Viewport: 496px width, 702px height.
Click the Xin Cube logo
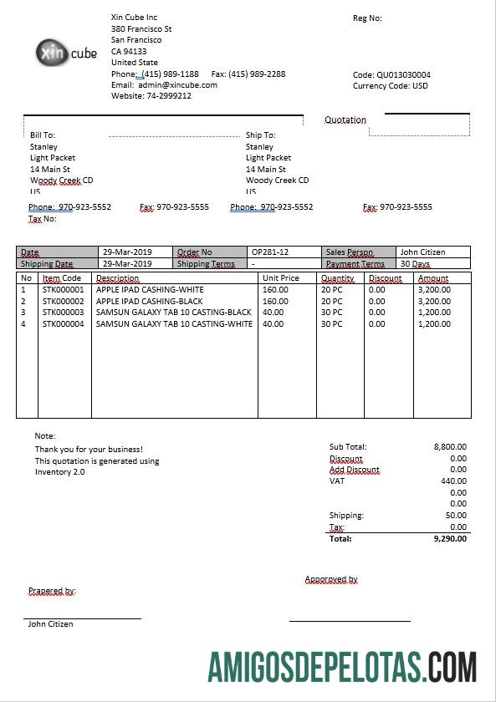(67, 53)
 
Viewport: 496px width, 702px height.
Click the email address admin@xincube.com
(177, 84)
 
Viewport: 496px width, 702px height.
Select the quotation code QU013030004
(403, 74)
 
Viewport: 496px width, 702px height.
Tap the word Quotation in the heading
(345, 120)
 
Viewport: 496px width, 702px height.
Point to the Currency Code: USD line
(390, 85)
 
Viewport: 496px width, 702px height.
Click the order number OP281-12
(270, 252)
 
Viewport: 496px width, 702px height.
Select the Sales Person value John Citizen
(422, 252)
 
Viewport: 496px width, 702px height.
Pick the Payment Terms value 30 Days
(416, 263)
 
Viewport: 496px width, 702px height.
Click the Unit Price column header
(280, 278)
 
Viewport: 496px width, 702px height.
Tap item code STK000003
(64, 312)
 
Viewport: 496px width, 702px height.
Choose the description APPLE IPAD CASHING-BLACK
(149, 301)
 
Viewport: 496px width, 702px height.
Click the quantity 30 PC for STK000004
(332, 323)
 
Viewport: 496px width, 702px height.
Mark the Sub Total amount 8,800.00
(450, 447)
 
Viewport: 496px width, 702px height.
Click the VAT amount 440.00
(453, 481)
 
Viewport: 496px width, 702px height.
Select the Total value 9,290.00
(450, 539)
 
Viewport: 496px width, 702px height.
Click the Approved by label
(331, 579)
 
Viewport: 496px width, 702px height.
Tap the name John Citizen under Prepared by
(50, 623)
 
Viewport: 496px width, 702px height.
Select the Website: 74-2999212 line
(151, 95)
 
